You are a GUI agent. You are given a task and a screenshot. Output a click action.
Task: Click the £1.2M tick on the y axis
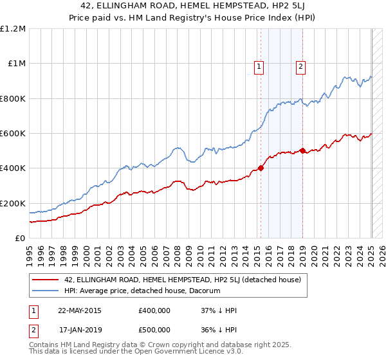pos(13,28)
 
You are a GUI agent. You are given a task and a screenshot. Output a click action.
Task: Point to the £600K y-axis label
pos(13,133)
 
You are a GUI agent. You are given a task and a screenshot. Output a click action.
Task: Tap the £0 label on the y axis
pos(21,238)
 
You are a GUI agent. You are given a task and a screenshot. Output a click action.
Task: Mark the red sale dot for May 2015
pos(261,168)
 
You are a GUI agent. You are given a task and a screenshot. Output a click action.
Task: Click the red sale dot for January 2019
pos(302,151)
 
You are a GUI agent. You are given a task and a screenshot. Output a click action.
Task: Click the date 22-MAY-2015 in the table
pos(79,310)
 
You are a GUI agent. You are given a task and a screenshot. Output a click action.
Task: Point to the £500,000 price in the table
pos(154,329)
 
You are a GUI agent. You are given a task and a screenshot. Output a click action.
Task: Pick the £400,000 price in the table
pos(154,310)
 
